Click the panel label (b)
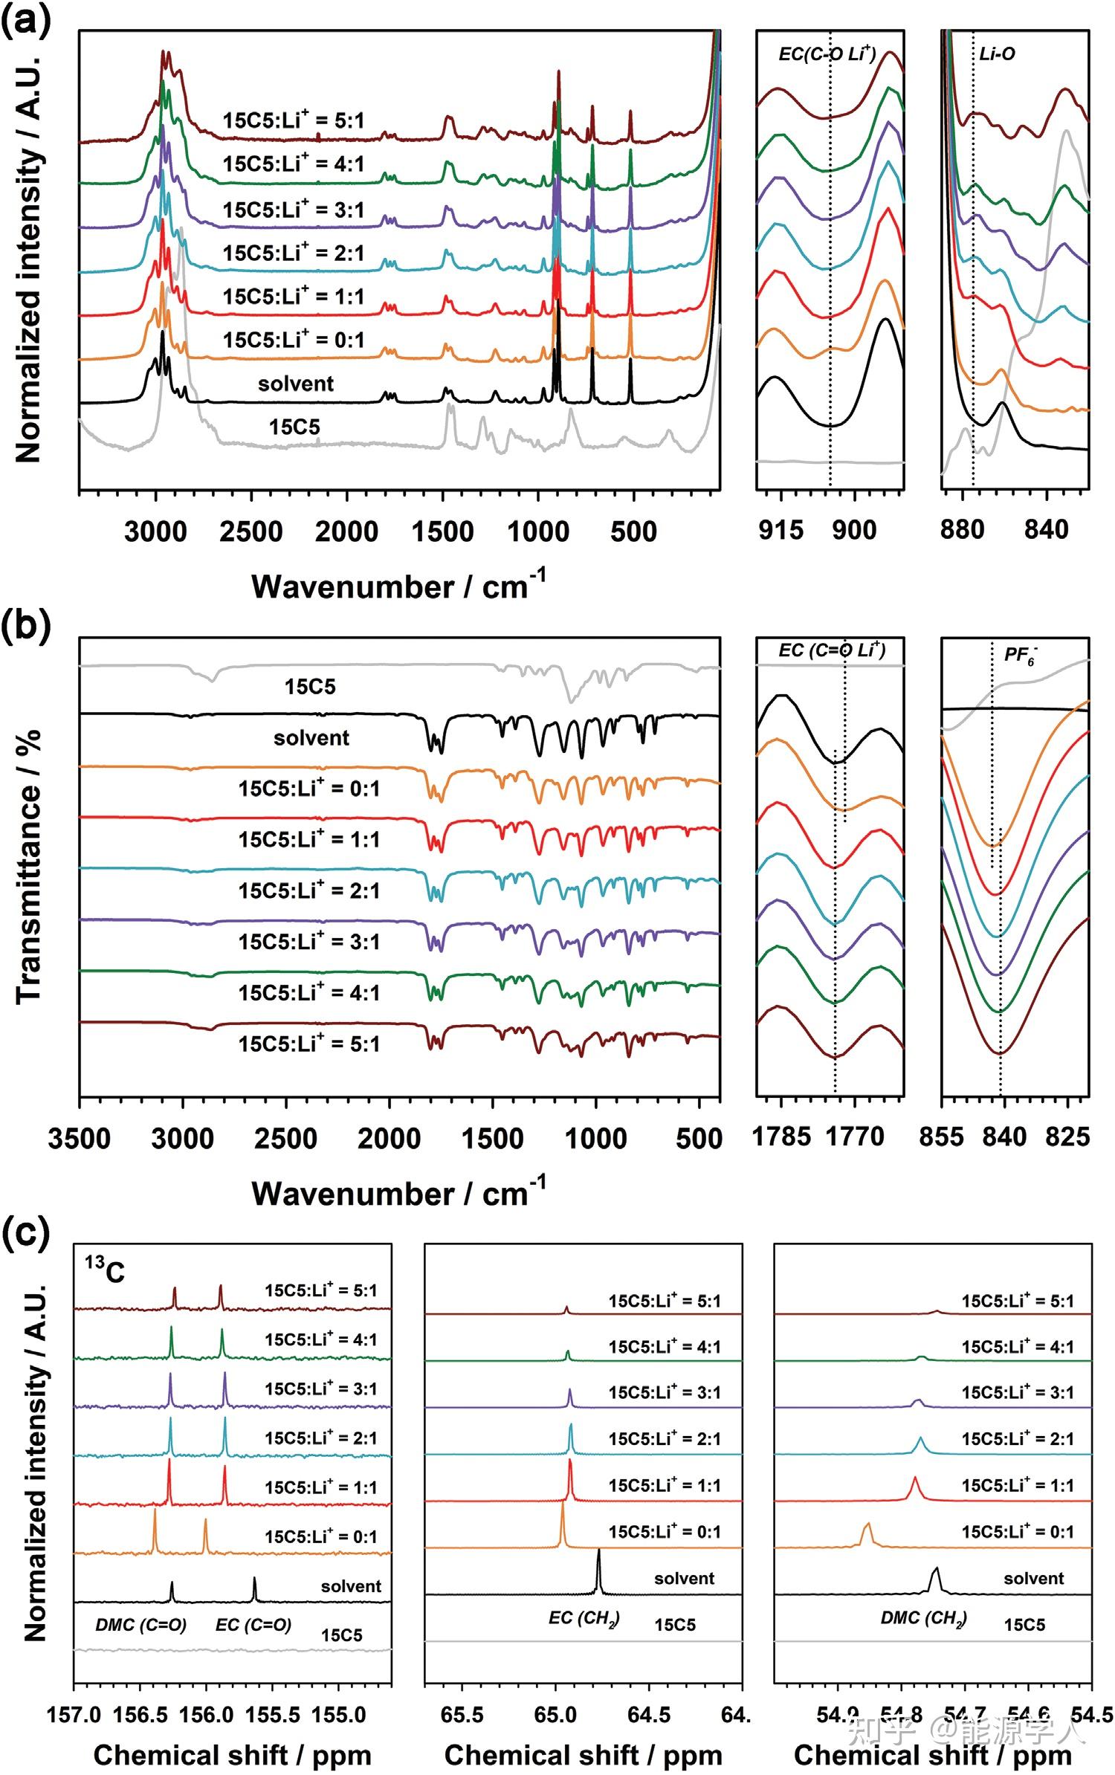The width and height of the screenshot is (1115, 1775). (25, 626)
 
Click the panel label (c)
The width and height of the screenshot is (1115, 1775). (25, 1232)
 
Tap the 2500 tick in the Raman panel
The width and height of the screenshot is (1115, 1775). (251, 532)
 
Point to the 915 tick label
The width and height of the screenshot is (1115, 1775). (780, 531)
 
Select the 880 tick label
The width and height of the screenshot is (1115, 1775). (962, 531)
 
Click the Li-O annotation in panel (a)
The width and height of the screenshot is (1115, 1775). (996, 54)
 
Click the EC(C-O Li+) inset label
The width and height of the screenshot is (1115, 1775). (827, 54)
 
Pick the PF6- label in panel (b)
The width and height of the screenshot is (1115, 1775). (1020, 656)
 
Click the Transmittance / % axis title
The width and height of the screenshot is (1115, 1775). (28, 866)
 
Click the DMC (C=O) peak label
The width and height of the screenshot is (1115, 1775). (140, 1625)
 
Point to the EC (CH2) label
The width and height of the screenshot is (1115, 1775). (584, 1618)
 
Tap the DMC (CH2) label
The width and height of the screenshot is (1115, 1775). (923, 1618)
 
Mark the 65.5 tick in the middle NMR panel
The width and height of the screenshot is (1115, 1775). (462, 1715)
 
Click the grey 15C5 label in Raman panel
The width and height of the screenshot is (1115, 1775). (294, 427)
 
